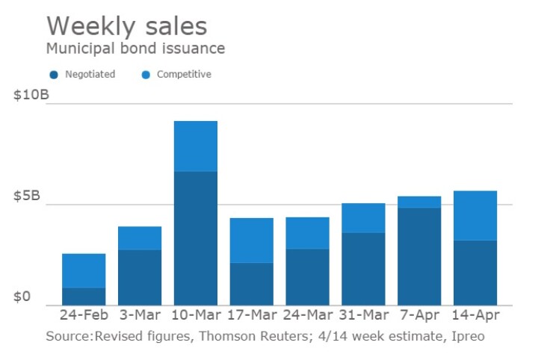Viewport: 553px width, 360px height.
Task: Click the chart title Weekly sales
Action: click(126, 26)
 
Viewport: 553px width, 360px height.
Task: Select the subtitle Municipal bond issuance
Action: click(135, 49)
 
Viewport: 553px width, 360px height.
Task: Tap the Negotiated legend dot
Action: click(54, 75)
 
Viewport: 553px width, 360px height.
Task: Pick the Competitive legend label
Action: click(184, 75)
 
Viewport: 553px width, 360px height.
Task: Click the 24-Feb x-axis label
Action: click(84, 316)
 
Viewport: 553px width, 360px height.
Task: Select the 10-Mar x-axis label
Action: click(195, 316)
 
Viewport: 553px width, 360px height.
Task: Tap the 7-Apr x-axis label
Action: click(419, 316)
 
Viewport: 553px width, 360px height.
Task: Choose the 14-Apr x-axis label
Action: click(475, 316)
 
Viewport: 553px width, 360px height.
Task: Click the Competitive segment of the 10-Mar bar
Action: click(195, 146)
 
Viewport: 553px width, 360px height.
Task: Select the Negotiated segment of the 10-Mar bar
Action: click(195, 238)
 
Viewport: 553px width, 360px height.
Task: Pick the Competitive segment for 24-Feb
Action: click(84, 270)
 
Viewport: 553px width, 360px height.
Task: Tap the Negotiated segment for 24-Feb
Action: click(84, 296)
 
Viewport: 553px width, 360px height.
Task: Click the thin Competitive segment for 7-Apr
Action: click(419, 202)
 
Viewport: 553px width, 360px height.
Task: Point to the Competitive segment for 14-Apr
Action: click(475, 215)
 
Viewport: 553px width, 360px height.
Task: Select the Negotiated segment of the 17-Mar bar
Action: click(251, 284)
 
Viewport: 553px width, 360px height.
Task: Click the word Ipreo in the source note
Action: click(468, 337)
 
